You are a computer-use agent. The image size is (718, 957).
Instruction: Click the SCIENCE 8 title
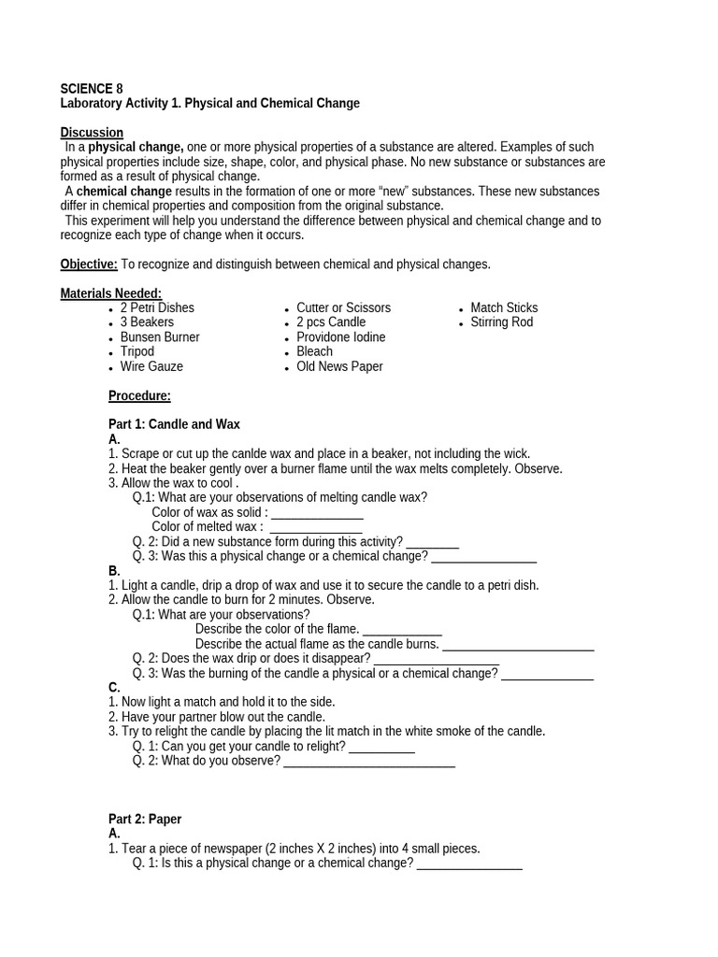click(92, 89)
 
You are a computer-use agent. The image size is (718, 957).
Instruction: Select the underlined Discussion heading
click(92, 133)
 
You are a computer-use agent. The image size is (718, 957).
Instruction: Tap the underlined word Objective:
click(89, 264)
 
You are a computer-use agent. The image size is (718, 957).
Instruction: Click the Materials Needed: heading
click(111, 293)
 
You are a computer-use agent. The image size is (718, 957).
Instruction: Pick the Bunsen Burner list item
click(160, 337)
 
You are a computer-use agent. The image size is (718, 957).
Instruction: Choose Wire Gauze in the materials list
click(151, 366)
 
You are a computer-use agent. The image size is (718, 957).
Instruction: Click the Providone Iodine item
click(340, 337)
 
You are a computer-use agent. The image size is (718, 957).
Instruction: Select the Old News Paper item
click(339, 366)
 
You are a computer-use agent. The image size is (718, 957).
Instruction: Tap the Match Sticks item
click(504, 307)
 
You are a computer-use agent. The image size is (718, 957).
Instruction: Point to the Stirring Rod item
click(502, 322)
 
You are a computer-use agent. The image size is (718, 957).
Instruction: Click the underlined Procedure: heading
click(139, 395)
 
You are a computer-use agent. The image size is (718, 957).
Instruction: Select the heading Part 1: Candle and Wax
click(174, 424)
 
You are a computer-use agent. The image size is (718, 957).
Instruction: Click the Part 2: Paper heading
click(145, 819)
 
